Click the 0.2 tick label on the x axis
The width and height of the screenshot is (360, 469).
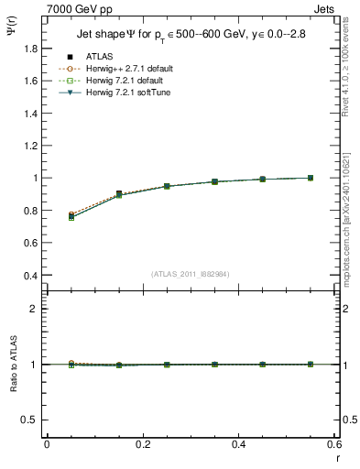143,444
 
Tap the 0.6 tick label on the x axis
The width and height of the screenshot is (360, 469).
334,444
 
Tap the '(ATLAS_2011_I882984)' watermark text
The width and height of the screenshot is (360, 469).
191,274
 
